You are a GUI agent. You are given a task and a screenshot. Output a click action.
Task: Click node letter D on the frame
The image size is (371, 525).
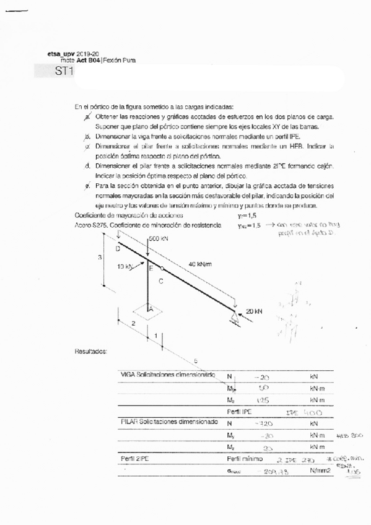tap(118, 248)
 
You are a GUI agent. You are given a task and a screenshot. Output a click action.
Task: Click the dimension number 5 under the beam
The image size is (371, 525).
tap(196, 360)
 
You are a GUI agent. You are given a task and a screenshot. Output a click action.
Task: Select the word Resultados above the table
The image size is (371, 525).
tap(90, 351)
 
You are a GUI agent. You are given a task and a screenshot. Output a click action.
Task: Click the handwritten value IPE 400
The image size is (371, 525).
tap(300, 412)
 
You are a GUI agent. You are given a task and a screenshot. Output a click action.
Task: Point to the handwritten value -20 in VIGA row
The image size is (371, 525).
tap(261, 376)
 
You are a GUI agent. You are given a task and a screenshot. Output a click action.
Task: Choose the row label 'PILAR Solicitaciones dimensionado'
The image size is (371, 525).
tap(168, 422)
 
